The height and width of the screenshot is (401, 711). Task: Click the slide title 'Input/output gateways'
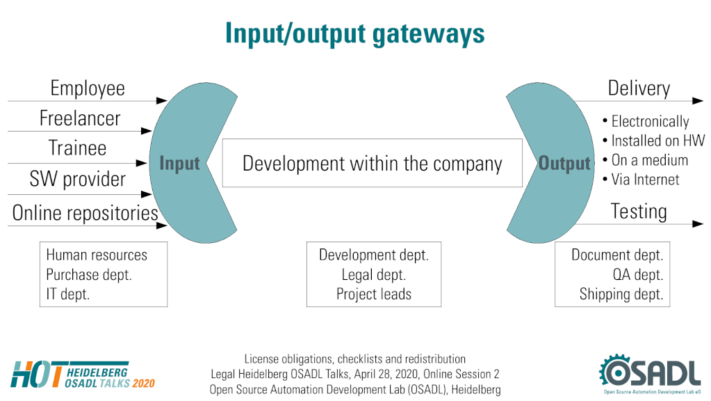click(x=355, y=34)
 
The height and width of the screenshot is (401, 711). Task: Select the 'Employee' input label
click(x=88, y=88)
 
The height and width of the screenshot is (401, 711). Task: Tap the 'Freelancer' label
click(x=80, y=118)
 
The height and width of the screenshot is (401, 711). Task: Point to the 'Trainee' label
click(x=78, y=148)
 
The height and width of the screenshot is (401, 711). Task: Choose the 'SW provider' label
click(x=78, y=179)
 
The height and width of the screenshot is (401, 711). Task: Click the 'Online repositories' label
click(x=85, y=213)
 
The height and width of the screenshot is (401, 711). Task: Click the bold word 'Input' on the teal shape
click(x=179, y=164)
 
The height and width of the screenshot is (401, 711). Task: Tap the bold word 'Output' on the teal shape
click(x=564, y=164)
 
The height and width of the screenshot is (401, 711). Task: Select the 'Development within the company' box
click(x=373, y=163)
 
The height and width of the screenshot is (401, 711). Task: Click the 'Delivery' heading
click(x=639, y=88)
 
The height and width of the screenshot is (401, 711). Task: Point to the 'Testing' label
click(x=639, y=212)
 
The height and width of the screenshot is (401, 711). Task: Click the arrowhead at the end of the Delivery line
click(x=698, y=101)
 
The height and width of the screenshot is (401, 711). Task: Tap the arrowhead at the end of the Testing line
click(x=698, y=223)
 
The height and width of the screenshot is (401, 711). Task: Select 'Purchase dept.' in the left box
click(x=89, y=275)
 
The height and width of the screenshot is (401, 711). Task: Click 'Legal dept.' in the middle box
click(x=374, y=275)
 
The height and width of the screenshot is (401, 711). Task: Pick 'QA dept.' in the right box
click(x=637, y=275)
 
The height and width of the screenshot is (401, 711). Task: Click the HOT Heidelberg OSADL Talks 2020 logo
click(x=83, y=375)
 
